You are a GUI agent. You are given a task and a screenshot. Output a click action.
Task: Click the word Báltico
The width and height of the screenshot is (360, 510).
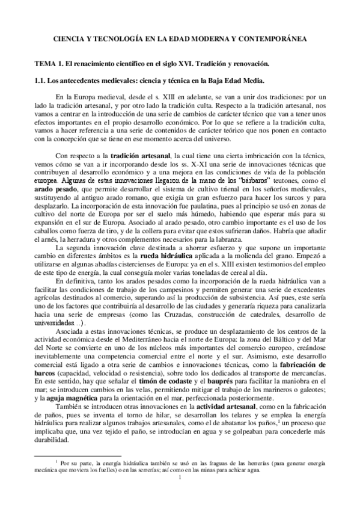265,339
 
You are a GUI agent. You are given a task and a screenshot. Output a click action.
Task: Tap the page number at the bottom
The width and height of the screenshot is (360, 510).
180,479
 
